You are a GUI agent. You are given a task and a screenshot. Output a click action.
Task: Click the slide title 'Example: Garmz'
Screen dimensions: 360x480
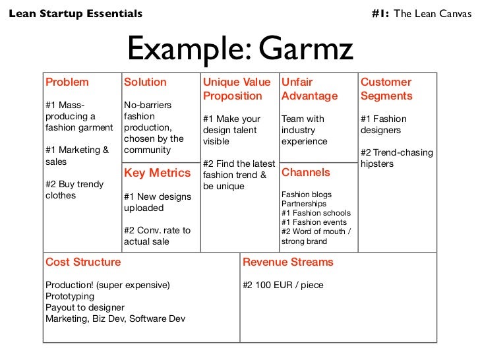[x=240, y=47]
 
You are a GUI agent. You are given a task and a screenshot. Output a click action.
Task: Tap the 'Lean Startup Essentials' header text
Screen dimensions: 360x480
[x=75, y=13]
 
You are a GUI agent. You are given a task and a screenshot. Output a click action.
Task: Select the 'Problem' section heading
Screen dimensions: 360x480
[x=67, y=82]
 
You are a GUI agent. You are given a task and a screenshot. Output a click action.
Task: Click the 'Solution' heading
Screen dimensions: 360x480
[x=145, y=82]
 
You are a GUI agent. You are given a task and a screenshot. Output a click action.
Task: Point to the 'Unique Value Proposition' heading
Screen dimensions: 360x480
[x=237, y=89]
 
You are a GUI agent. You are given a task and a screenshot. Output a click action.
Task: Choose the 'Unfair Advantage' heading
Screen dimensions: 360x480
[x=309, y=89]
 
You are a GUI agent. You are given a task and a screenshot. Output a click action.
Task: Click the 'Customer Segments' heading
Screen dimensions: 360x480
[x=386, y=89]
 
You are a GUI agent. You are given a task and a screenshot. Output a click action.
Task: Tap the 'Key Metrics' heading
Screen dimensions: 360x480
[x=157, y=173]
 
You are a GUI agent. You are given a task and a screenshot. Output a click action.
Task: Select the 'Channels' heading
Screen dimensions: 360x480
[x=306, y=173]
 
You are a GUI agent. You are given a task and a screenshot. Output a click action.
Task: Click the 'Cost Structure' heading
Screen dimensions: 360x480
[x=83, y=262]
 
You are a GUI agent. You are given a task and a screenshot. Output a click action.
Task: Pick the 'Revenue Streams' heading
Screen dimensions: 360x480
[x=288, y=262]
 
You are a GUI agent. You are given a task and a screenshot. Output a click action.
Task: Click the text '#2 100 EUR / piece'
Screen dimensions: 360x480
[x=283, y=285]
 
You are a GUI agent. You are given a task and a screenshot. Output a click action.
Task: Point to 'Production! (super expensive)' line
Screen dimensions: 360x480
[x=107, y=285]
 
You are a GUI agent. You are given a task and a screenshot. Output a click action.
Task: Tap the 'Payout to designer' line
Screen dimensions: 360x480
[x=84, y=308]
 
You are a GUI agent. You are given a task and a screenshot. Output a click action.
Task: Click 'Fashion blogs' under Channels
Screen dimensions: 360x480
[x=307, y=195]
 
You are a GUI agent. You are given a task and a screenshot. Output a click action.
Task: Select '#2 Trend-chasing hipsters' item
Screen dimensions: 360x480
[x=397, y=158]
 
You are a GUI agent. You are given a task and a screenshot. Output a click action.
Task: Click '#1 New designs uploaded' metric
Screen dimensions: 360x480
[x=158, y=202]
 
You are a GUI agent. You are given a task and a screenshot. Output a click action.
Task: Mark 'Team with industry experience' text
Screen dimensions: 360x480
[x=304, y=130]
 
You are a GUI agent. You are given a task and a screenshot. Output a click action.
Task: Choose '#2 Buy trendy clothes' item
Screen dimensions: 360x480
[x=74, y=190]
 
